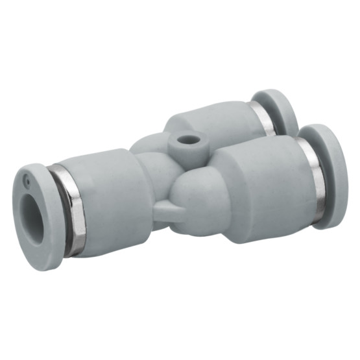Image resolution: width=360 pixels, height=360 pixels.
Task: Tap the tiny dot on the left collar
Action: click(27, 176)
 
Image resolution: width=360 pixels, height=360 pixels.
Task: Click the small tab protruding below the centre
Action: click(170, 210)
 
